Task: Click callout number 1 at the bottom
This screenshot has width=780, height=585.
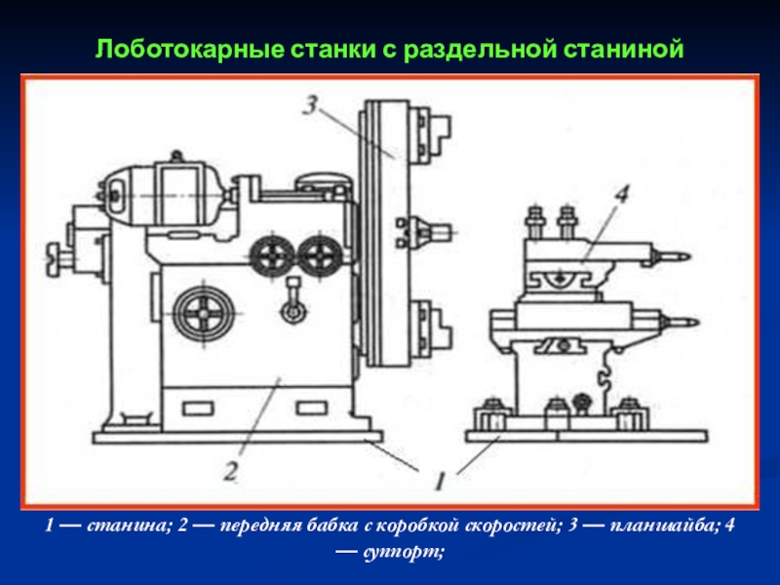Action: coord(440,479)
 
